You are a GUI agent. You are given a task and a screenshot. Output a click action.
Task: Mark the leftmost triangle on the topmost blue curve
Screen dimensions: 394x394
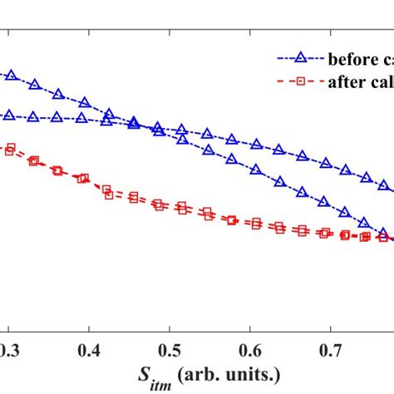click(11, 75)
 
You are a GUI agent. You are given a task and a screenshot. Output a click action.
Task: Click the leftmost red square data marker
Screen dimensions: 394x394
click(10, 150)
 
